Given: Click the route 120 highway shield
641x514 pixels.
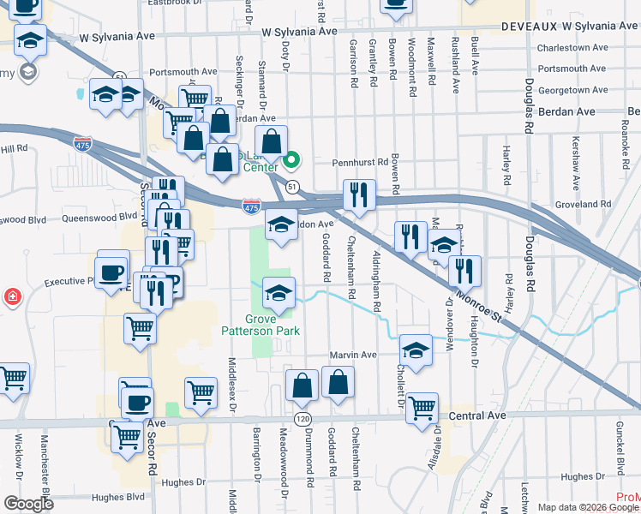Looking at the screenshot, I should click(x=302, y=418).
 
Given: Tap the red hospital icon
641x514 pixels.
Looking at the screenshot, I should click(x=13, y=297).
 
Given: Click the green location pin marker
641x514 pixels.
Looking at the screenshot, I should click(x=291, y=158).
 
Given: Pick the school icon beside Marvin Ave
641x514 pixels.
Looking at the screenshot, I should click(x=416, y=350).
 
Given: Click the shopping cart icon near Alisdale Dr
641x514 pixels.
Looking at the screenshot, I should click(x=422, y=408).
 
